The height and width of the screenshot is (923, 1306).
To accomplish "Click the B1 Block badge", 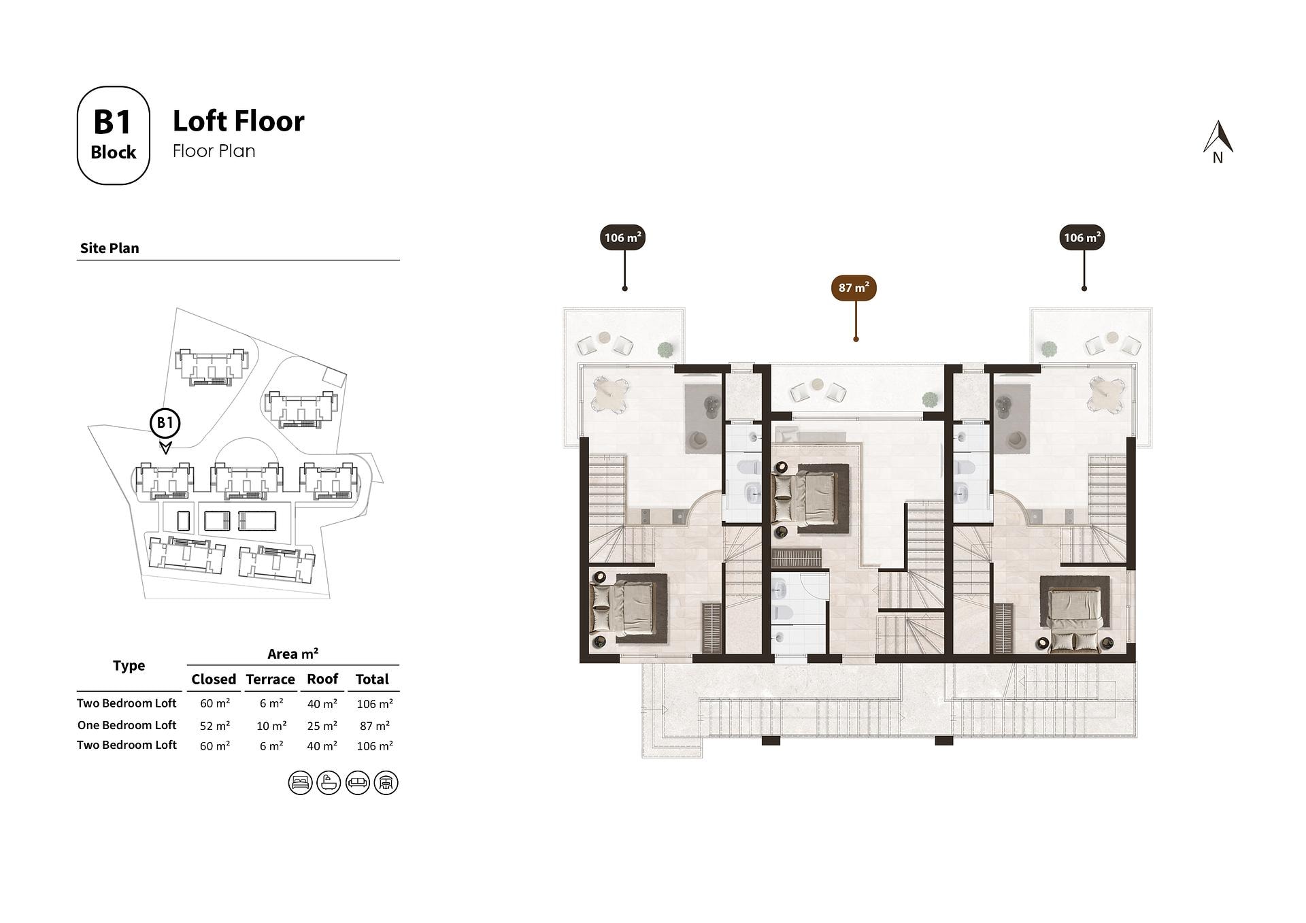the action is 113,135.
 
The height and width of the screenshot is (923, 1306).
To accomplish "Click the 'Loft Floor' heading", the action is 239,121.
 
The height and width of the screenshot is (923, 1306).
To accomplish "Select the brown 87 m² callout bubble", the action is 854,288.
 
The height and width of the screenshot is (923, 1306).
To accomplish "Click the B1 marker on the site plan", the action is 165,423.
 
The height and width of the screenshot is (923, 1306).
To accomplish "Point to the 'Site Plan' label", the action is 110,248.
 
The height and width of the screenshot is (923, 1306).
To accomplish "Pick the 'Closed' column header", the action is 214,679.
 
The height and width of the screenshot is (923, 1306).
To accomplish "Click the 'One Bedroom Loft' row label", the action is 127,725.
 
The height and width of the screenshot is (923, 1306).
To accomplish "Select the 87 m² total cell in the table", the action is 375,726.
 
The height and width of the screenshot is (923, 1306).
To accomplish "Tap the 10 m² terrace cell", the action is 271,726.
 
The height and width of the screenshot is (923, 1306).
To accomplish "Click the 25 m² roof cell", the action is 322,726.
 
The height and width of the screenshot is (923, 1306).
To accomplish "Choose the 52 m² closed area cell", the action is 215,726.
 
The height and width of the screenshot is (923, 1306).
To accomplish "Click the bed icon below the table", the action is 300,783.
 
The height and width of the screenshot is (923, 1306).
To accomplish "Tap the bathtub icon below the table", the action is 329,783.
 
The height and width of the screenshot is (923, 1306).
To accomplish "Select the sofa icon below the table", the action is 357,783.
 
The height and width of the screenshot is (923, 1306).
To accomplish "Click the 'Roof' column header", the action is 322,679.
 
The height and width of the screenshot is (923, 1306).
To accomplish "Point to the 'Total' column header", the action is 372,679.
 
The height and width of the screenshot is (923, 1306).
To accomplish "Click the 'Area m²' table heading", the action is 292,654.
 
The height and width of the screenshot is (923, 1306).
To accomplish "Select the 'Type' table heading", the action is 129,666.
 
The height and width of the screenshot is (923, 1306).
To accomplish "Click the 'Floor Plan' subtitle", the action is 214,151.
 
